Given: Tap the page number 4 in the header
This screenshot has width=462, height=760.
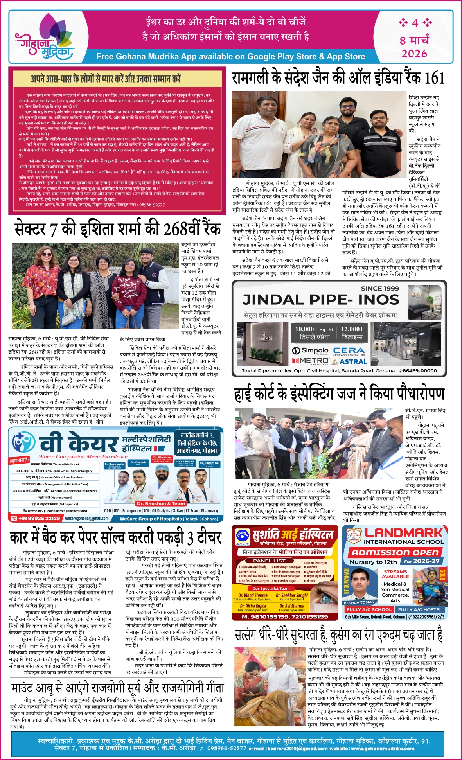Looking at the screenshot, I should pos(415,23).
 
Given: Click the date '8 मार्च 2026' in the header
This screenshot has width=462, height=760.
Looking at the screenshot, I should pos(414,47).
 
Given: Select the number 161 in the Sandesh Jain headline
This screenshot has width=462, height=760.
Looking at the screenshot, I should pos(435,78).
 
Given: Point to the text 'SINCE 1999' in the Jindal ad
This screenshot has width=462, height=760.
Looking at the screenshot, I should pos(380,289).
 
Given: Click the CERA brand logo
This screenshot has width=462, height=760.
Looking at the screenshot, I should pos(349,350).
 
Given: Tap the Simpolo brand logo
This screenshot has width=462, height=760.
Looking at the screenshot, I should pos(310,350).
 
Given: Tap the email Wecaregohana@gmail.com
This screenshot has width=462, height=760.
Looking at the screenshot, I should pos(87,518).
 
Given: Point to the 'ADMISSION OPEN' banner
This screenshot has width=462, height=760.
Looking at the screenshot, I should pos(395,553).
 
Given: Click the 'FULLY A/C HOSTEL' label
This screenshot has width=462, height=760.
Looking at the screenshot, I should pos(420,609).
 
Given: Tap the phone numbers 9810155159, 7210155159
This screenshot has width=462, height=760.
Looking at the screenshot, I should pos(285,617).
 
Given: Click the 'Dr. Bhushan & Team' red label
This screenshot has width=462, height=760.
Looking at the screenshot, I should pos(160,504).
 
